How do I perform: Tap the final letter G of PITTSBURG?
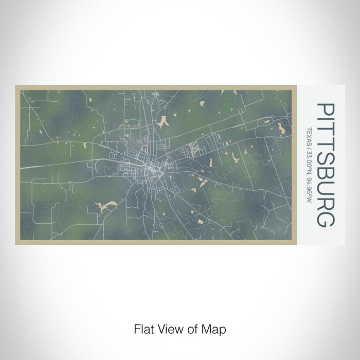pos(326,218)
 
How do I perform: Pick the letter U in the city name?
pos(326,189)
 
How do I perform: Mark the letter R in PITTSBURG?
pos(326,203)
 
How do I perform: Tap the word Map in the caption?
pos(214,328)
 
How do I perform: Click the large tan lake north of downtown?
pos(164,121)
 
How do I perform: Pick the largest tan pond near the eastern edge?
pos(281,127)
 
